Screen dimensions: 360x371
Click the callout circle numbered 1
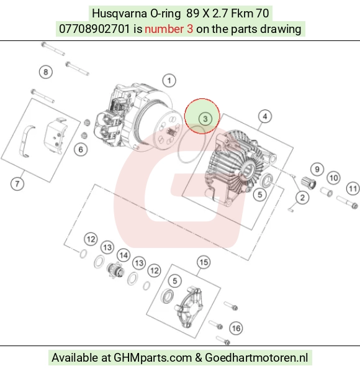click(169, 81)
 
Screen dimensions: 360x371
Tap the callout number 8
click(45, 72)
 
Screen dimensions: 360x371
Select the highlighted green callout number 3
click(205, 119)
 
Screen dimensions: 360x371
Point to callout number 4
click(265, 116)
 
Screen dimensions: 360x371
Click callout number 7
click(17, 184)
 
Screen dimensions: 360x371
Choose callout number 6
click(81, 150)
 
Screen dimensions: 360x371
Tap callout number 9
click(317, 170)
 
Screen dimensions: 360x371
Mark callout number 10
click(333, 178)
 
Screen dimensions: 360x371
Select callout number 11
click(353, 189)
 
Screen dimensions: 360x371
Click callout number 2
click(302, 198)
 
